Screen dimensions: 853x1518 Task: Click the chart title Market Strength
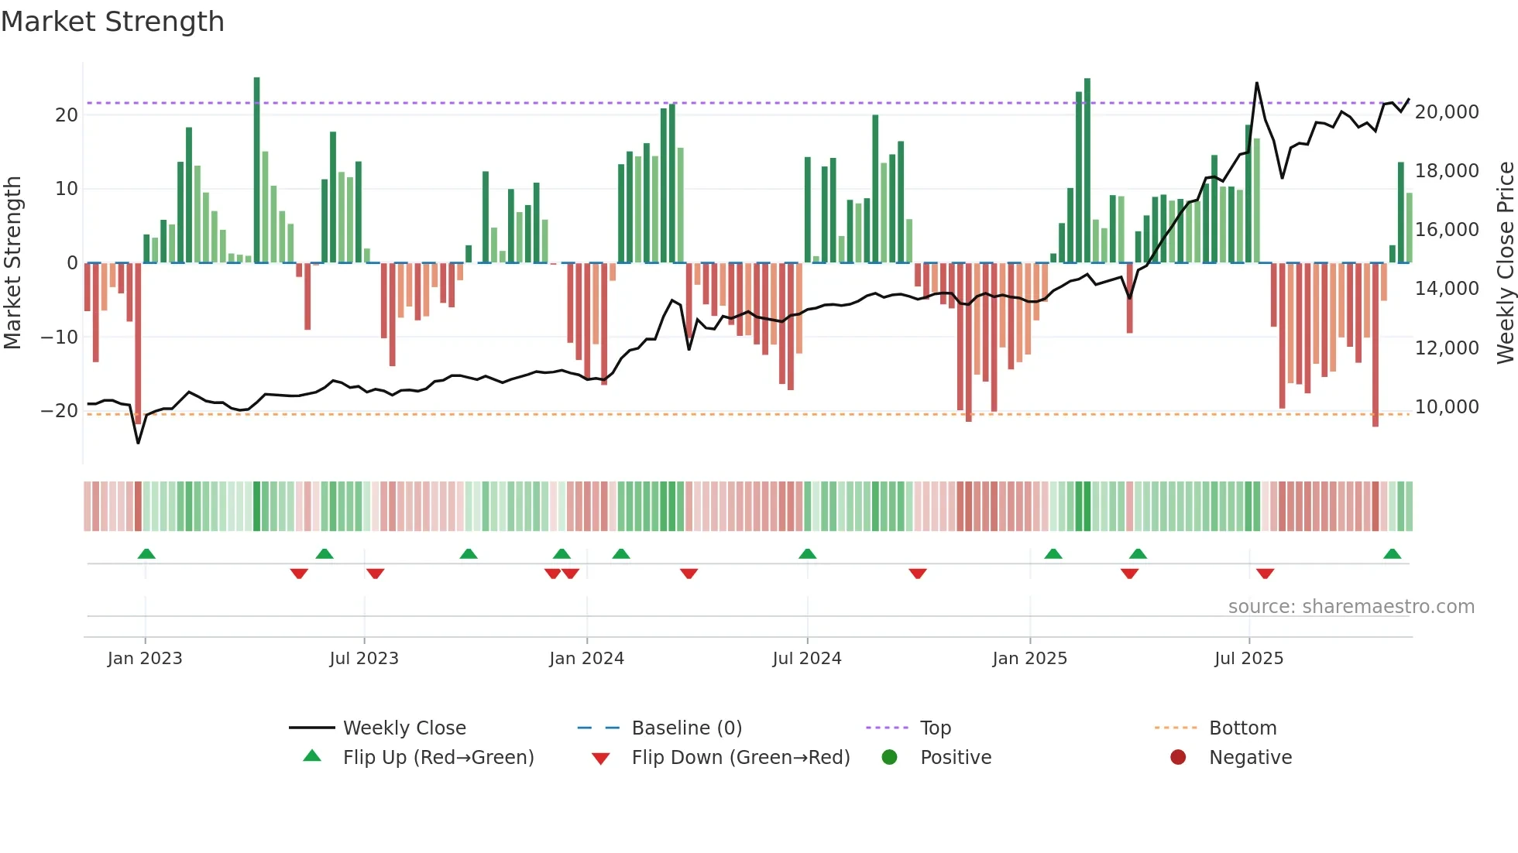tap(113, 22)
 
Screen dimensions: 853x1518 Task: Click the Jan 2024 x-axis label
tap(586, 659)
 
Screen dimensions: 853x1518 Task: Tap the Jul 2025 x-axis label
tap(1248, 659)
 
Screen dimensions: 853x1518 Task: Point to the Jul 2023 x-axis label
tap(364, 659)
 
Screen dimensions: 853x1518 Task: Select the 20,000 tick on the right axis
tap(1447, 112)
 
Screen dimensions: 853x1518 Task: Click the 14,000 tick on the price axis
tap(1447, 289)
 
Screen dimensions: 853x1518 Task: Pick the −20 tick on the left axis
tap(60, 411)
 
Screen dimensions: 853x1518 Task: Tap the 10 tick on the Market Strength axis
tap(67, 189)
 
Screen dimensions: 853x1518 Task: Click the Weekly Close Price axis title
tap(1505, 263)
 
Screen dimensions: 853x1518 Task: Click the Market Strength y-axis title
tap(13, 263)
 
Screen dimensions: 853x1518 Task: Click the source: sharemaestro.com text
tap(1351, 607)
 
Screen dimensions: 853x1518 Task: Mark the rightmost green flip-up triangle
tap(1392, 553)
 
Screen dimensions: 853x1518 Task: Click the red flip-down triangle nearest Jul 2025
tap(1265, 574)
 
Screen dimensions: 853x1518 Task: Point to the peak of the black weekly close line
tap(1256, 83)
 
